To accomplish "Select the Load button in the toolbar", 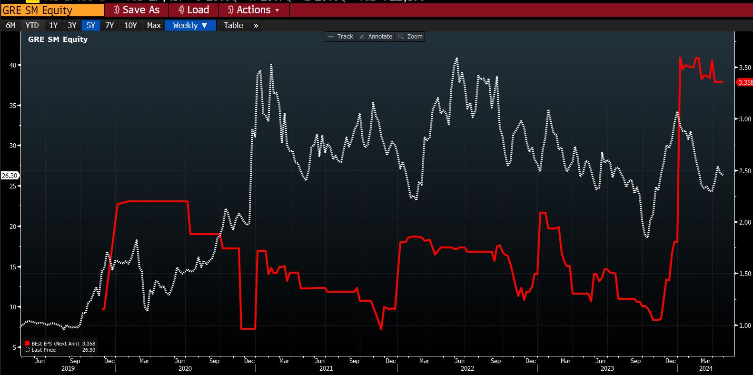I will click(193, 10).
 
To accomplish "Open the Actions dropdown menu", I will click(253, 10).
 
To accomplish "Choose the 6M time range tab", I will click(10, 26).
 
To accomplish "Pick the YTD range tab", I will click(32, 26).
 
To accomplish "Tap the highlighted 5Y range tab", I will click(91, 26).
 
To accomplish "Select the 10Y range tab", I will click(130, 26).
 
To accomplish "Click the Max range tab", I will click(154, 26).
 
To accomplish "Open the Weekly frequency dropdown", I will click(190, 26).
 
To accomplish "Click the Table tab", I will click(233, 26).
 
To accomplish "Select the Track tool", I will click(341, 37).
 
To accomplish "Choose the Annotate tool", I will click(376, 37).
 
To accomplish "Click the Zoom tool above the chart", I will click(411, 37).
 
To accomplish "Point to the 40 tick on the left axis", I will click(13, 65).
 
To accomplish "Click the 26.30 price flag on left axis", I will click(10, 176).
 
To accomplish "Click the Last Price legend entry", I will click(43, 350).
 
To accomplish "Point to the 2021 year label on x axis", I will click(326, 368).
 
